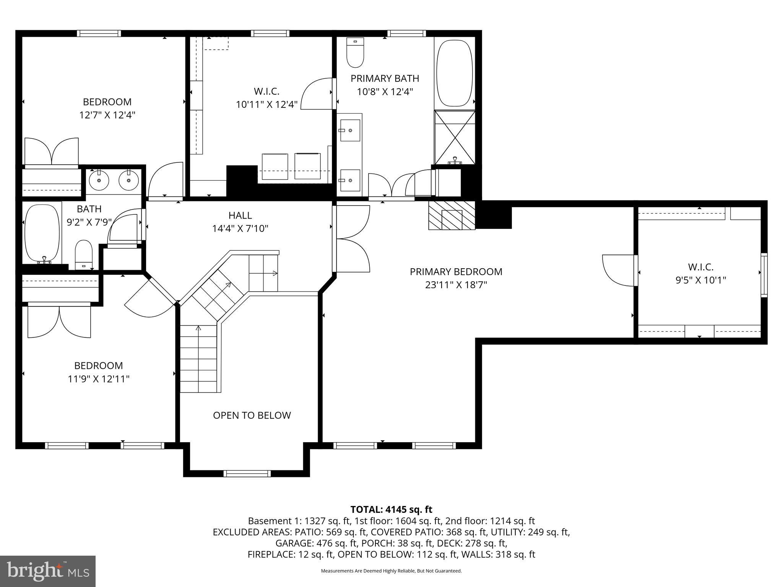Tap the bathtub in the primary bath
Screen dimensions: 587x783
tap(455, 73)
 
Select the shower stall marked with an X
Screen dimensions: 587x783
tap(455, 138)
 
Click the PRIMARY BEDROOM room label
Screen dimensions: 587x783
tap(456, 272)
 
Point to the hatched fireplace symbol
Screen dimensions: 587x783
tap(452, 216)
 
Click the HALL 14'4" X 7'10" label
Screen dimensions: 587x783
tap(240, 222)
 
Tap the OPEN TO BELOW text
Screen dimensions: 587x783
tap(252, 415)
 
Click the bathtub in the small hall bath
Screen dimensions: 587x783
tap(42, 233)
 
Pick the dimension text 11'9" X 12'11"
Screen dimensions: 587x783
tap(99, 379)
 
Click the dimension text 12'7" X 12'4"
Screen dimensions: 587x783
tap(107, 115)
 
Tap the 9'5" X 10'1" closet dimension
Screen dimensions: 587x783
tap(700, 280)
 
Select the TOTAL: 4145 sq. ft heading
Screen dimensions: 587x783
tap(391, 509)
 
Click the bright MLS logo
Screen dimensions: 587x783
tap(48, 571)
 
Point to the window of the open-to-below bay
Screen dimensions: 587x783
tap(247, 473)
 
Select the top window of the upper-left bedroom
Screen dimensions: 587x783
tap(99, 33)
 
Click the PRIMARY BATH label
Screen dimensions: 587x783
tap(385, 78)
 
